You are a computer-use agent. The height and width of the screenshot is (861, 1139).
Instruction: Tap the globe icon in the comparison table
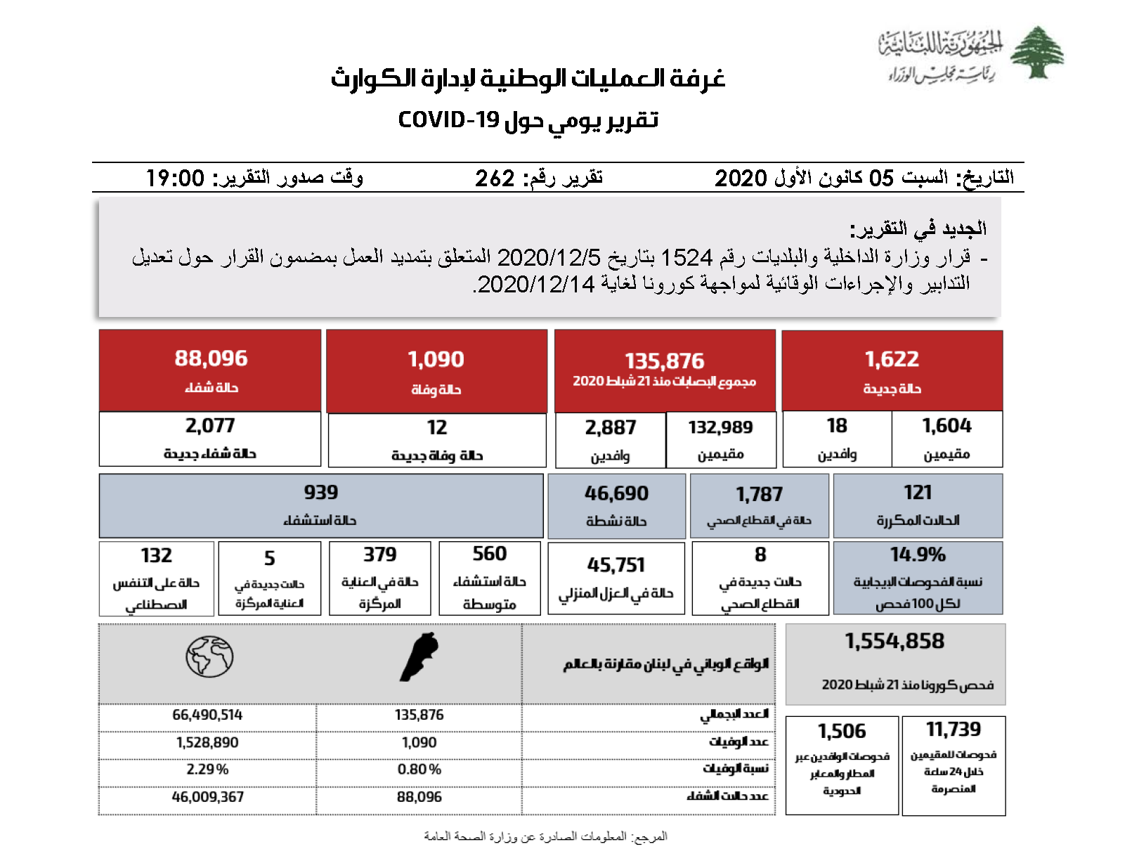click(209, 656)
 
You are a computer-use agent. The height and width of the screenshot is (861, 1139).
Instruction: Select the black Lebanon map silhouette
click(420, 656)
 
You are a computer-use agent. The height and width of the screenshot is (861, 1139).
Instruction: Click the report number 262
click(495, 179)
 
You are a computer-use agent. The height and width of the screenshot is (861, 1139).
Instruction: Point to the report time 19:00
click(175, 179)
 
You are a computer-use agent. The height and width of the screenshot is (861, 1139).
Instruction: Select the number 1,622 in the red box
click(892, 359)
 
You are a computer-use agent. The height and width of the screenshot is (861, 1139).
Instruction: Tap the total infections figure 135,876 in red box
click(664, 361)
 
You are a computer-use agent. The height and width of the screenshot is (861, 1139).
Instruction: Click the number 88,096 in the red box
click(211, 358)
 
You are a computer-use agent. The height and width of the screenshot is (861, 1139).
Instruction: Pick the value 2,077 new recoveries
click(210, 426)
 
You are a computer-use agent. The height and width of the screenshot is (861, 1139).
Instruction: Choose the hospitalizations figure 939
click(321, 493)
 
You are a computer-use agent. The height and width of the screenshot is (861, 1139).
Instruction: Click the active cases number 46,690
click(616, 494)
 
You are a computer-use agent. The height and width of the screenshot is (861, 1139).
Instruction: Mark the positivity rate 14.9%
click(918, 555)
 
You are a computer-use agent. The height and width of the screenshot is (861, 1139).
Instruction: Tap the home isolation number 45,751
click(616, 566)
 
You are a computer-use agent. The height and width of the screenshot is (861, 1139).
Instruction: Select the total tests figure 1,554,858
click(894, 642)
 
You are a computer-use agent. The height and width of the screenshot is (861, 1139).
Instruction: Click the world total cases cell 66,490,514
click(207, 716)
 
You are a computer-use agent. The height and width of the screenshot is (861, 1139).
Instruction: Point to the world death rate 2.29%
click(207, 770)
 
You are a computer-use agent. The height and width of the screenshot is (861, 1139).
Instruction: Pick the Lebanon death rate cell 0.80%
click(419, 770)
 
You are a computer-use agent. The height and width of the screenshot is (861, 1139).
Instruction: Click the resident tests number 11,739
click(953, 730)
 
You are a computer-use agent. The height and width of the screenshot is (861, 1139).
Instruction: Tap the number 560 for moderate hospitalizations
click(490, 554)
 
